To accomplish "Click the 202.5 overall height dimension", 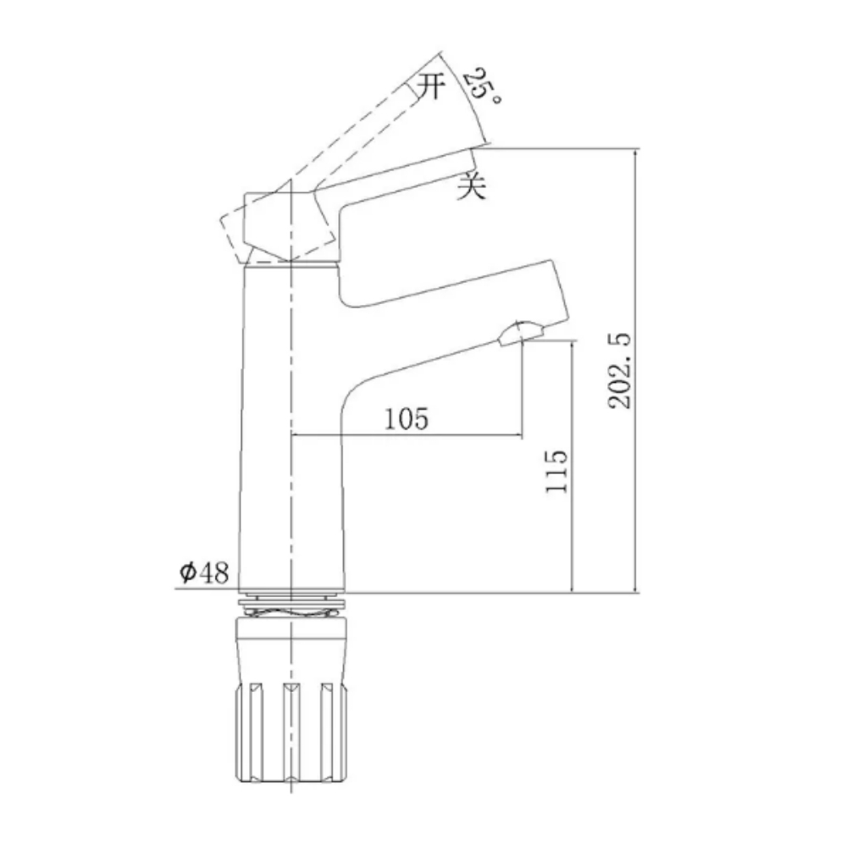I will (x=622, y=370).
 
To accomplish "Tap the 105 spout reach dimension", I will (x=406, y=418).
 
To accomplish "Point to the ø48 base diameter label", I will (x=204, y=573).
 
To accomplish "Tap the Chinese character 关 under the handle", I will (x=471, y=185).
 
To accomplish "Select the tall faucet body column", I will (x=292, y=423).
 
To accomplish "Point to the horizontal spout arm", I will (x=449, y=292).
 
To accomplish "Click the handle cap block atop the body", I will (x=284, y=224).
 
